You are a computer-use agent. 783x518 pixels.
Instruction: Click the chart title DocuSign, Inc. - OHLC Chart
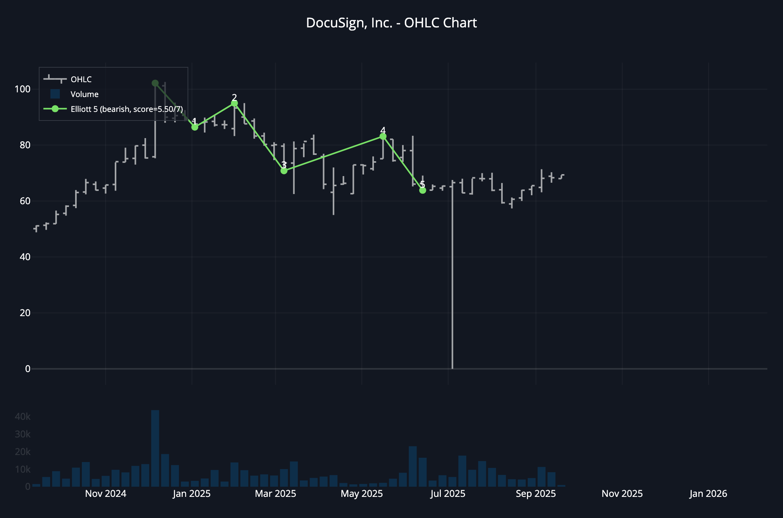[391, 23]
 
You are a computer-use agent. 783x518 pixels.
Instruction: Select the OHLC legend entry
[81, 79]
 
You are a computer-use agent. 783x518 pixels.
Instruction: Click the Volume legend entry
[84, 94]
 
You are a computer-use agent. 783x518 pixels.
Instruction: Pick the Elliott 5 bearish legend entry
[126, 109]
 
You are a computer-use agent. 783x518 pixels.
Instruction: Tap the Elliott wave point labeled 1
[195, 127]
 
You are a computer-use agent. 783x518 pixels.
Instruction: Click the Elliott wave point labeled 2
[234, 103]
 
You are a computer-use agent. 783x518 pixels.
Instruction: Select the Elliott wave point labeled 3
[284, 171]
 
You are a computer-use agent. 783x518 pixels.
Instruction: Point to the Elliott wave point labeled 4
[383, 137]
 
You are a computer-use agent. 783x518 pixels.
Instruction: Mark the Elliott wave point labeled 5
[422, 191]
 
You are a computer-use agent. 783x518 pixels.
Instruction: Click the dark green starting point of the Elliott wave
[155, 83]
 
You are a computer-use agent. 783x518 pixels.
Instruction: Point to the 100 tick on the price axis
[22, 89]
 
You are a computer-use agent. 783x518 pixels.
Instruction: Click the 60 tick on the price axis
[25, 201]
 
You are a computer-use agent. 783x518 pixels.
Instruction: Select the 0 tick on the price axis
[27, 369]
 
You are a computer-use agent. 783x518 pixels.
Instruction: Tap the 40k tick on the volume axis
[22, 417]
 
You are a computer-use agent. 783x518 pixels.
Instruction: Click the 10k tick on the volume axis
[22, 469]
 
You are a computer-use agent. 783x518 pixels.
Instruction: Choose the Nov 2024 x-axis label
[106, 494]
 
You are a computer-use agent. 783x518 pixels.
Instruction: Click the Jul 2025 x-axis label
[447, 494]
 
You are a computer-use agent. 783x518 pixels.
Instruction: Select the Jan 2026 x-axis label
[708, 494]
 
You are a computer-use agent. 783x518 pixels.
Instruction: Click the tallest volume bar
[155, 448]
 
